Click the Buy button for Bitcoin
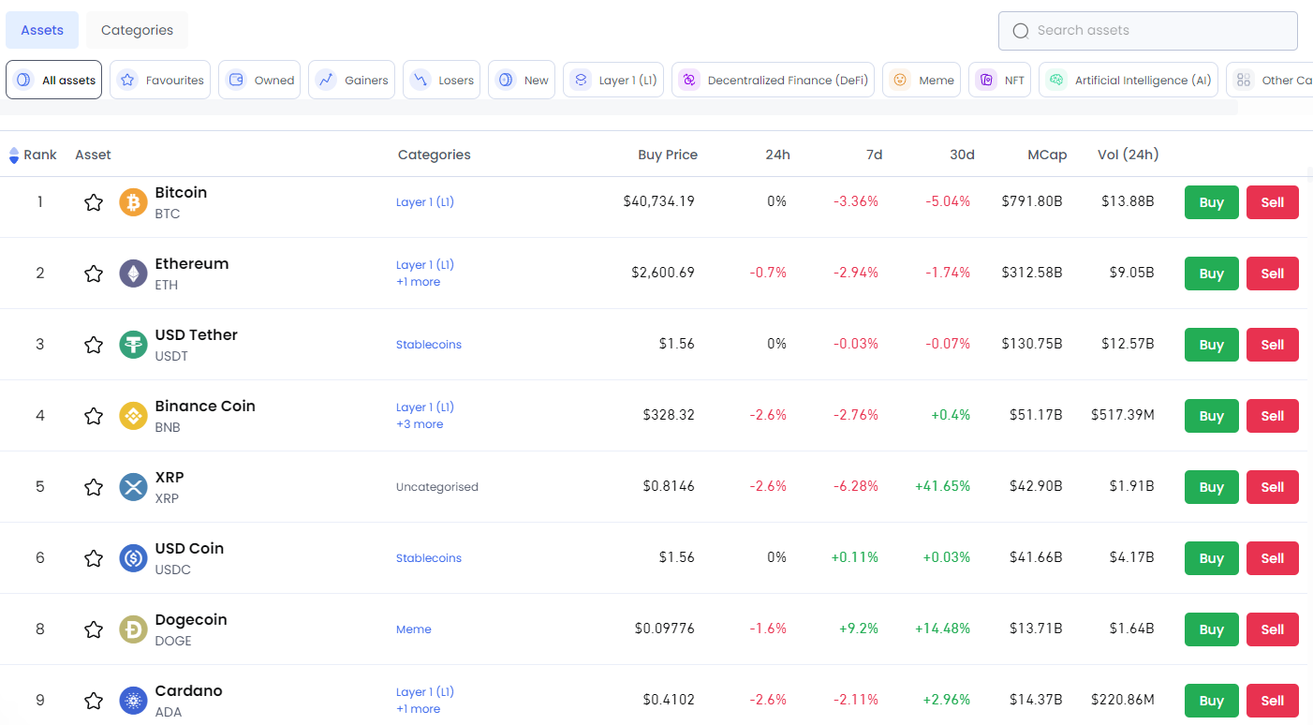click(1211, 202)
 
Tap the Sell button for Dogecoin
click(1272, 629)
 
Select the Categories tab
click(137, 30)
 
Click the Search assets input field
click(1148, 31)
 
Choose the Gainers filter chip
click(351, 81)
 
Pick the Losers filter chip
click(442, 81)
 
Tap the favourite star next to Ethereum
click(94, 274)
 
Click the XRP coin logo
click(134, 487)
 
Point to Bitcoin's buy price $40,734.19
click(658, 200)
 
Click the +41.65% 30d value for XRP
click(942, 486)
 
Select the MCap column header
click(1046, 155)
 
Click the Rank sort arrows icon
click(14, 155)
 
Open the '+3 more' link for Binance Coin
click(420, 424)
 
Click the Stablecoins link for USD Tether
click(429, 345)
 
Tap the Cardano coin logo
click(134, 701)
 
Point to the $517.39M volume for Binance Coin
click(1122, 414)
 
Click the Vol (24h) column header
click(1128, 155)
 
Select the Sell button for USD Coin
click(1272, 558)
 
